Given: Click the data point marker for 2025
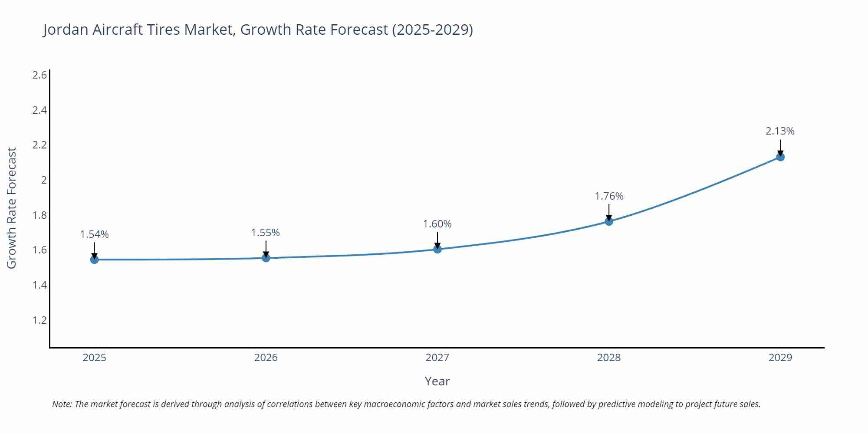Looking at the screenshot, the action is (x=94, y=260).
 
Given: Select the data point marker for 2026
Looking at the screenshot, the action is (x=266, y=258).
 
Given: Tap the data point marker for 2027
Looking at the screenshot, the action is (x=437, y=249).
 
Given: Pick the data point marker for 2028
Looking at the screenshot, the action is (x=609, y=221).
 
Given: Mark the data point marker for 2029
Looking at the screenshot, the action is (x=780, y=157).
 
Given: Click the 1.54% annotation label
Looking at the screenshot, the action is (x=94, y=234).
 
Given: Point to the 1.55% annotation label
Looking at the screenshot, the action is (x=266, y=233).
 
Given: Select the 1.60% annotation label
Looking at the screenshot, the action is (x=437, y=224).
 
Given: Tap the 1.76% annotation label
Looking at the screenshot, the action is (x=609, y=196).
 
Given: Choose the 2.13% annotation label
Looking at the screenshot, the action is (x=780, y=131).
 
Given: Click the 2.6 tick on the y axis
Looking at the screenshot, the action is (x=39, y=75).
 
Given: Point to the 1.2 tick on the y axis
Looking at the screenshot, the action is (x=39, y=320).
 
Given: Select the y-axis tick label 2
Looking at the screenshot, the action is (x=43, y=180).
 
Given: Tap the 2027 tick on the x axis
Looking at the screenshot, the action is (x=437, y=358).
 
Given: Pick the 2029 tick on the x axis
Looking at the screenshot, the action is (x=780, y=358).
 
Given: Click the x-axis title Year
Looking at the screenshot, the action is (x=437, y=381).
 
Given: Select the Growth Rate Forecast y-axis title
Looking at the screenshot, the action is (x=12, y=208).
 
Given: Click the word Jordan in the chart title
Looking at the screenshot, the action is (x=66, y=30).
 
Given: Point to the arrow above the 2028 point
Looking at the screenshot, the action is (x=609, y=211).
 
